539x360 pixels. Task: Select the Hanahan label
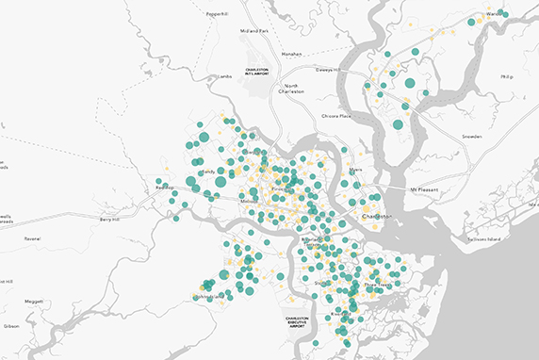coord(291,54)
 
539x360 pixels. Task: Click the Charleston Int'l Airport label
coord(256,72)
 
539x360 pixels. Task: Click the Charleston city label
coord(377,218)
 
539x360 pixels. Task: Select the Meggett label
coord(34,302)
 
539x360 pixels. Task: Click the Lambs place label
coord(224,76)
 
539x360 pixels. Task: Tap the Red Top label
coord(165,187)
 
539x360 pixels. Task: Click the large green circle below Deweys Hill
coord(410,83)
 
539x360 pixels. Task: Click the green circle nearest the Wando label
coord(504,14)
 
